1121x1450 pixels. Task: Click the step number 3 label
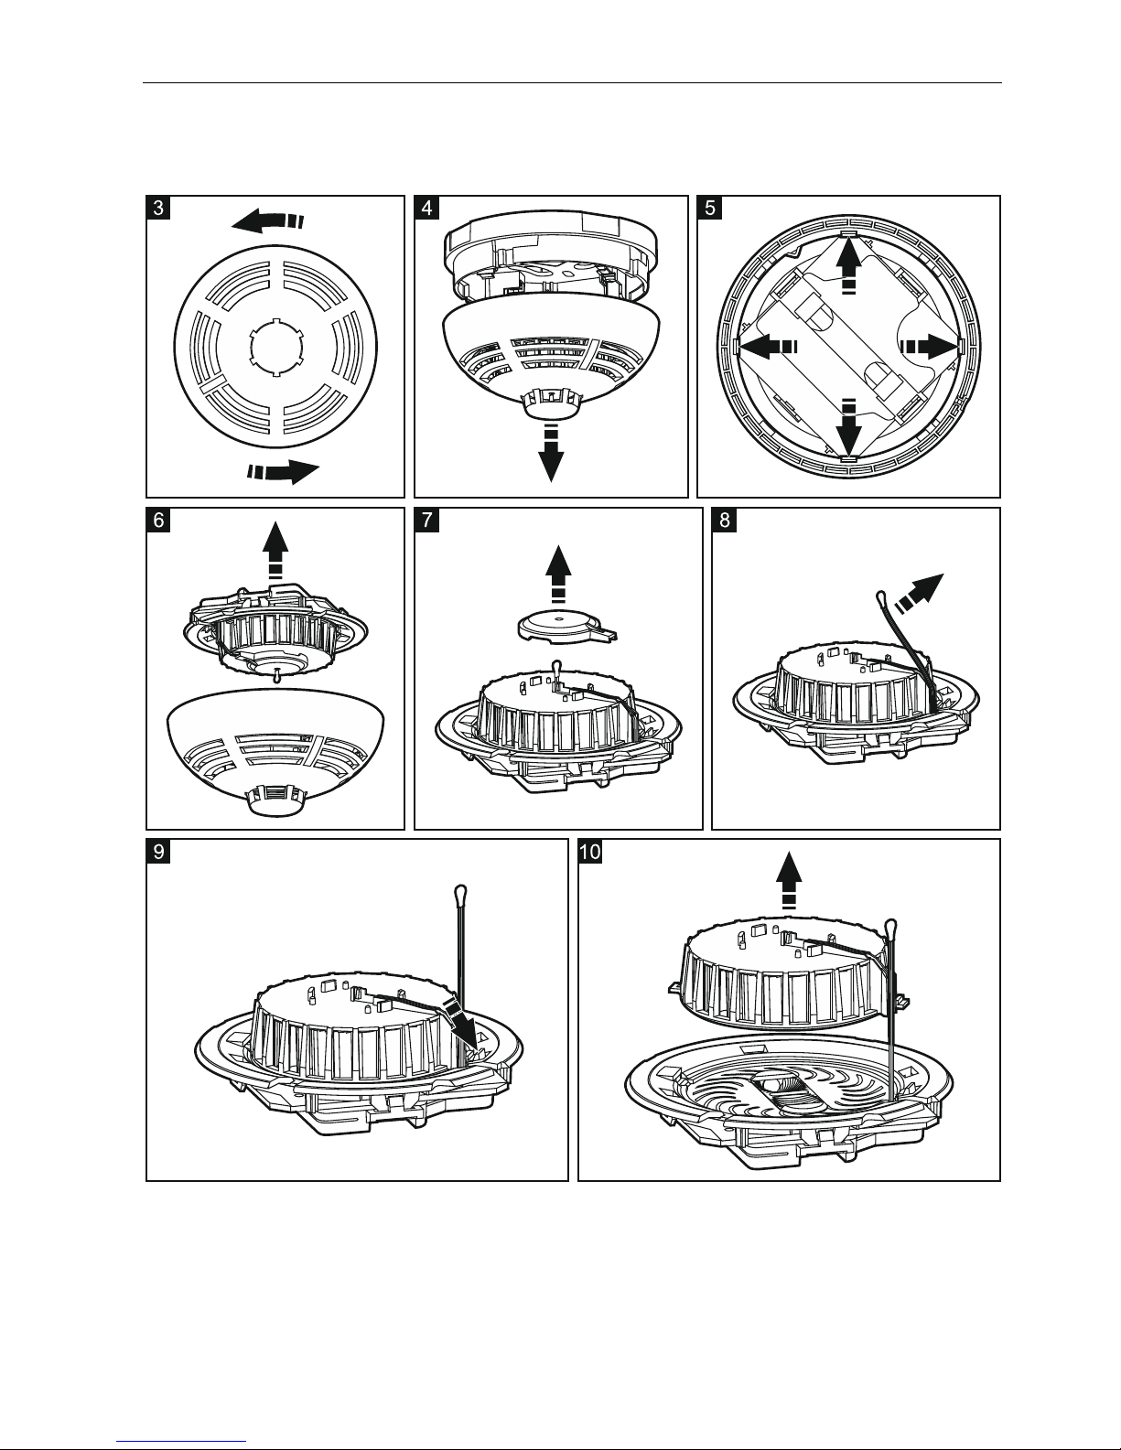pos(159,208)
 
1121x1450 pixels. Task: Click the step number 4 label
pos(426,208)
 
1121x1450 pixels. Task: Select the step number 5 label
pos(709,208)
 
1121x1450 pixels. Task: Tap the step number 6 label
pos(159,520)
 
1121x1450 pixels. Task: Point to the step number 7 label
pos(426,520)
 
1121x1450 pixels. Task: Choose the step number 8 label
pos(724,520)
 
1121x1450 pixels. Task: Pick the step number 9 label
pos(159,851)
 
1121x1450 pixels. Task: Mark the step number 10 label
pos(591,851)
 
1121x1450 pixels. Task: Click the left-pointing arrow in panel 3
pos(264,220)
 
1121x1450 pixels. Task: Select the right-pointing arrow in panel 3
pos(284,471)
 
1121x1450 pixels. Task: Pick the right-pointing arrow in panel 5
pos(930,346)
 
